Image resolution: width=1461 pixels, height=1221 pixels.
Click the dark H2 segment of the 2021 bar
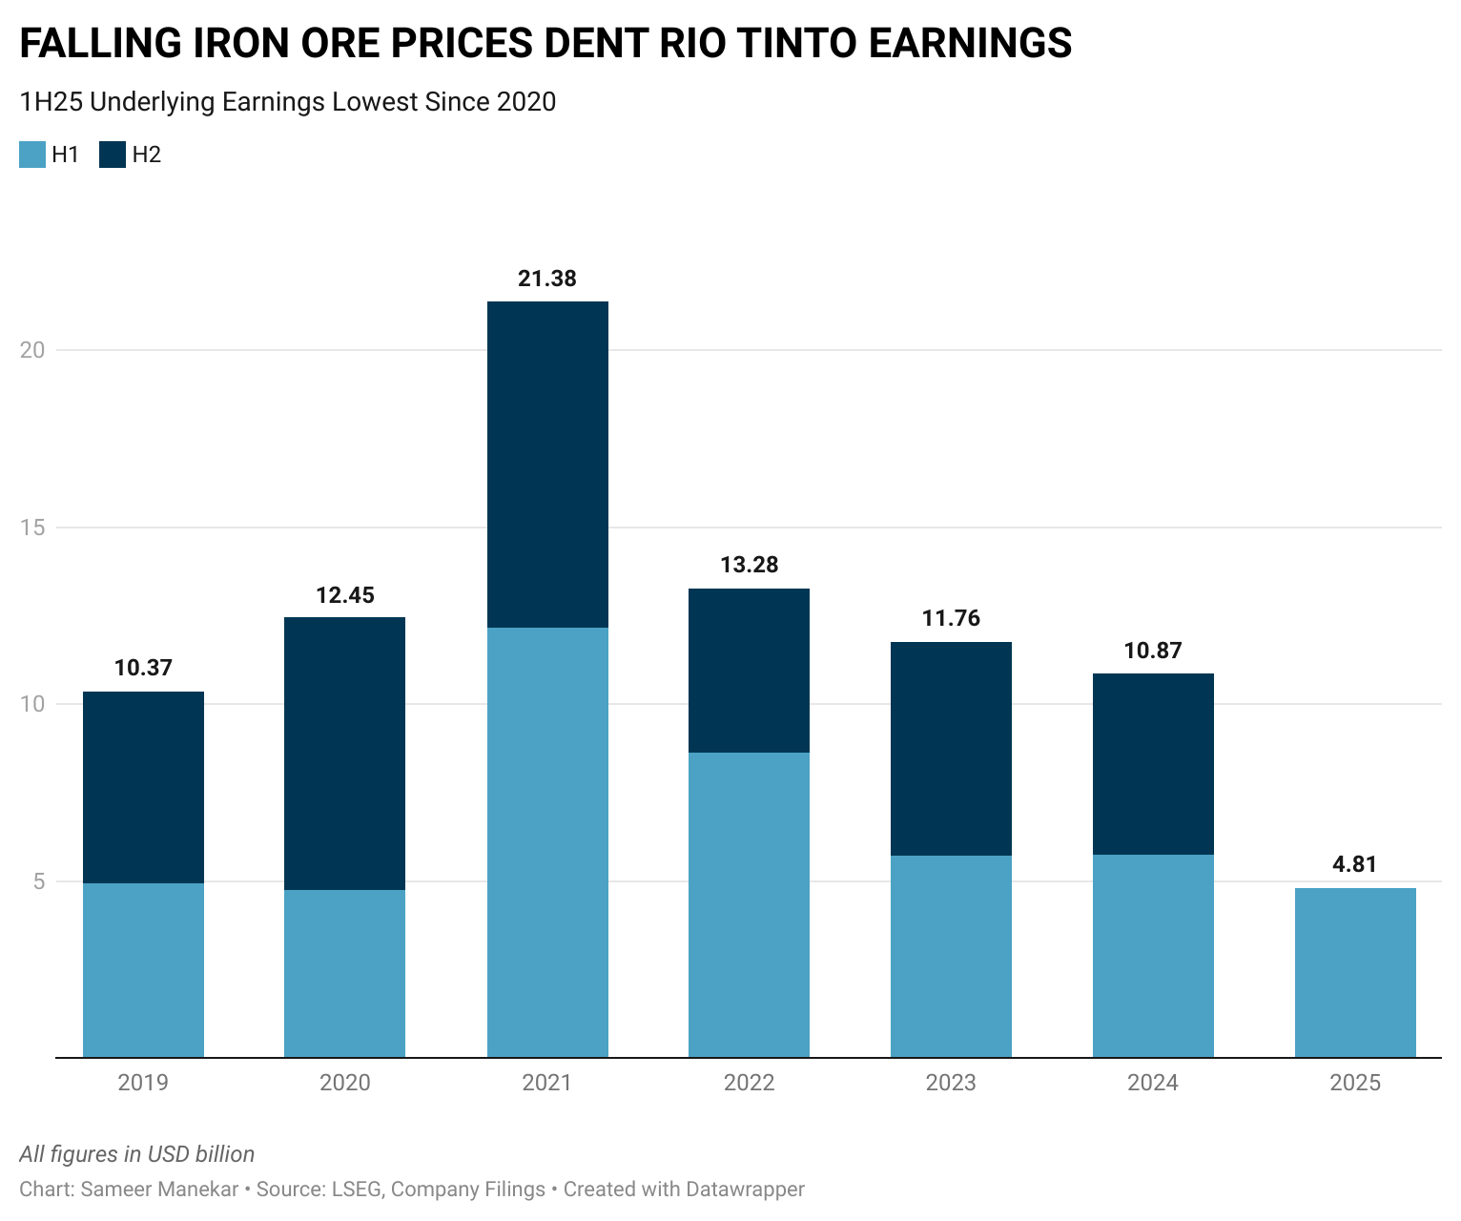tap(547, 465)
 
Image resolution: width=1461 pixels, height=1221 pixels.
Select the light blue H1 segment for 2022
tap(749, 904)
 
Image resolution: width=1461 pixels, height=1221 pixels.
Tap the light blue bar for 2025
tap(1355, 972)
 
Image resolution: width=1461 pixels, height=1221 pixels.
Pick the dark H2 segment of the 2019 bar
tap(143, 787)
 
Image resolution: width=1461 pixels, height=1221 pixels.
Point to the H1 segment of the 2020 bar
tap(344, 973)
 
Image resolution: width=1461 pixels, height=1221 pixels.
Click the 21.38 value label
tap(547, 279)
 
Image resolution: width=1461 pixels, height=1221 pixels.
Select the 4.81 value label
tap(1355, 864)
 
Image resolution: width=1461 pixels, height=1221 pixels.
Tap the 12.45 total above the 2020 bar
tap(344, 595)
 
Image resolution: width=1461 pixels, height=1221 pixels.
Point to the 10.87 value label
tap(1153, 651)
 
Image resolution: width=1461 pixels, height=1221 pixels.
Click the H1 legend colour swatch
tap(32, 155)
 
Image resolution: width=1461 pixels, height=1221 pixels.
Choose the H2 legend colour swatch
tap(113, 155)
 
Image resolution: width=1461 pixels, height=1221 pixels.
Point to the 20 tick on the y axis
tap(32, 350)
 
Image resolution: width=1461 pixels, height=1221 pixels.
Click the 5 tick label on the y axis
tap(39, 881)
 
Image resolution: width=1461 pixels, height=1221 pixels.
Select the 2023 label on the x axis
tap(951, 1083)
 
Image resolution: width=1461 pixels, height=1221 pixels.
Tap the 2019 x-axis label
tap(143, 1083)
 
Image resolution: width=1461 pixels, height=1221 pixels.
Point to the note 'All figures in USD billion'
tap(137, 1154)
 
